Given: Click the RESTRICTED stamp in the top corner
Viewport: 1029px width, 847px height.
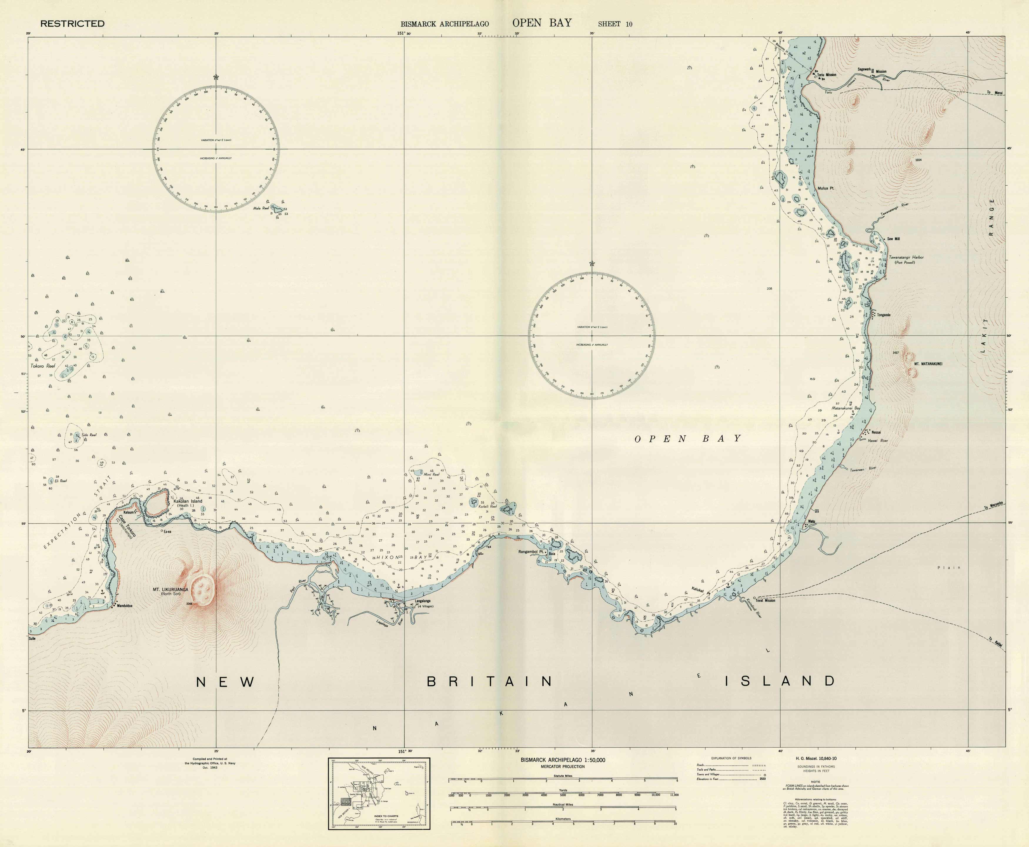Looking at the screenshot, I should pyautogui.click(x=72, y=24).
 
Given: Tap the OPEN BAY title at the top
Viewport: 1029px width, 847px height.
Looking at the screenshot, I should pyautogui.click(x=542, y=23).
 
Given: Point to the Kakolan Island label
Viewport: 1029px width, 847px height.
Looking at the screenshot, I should pyautogui.click(x=188, y=501).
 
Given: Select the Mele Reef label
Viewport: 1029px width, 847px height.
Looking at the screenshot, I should pyautogui.click(x=261, y=208).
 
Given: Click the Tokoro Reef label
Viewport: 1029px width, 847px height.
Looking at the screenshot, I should pyautogui.click(x=43, y=366).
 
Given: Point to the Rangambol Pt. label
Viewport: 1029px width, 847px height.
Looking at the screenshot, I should pyautogui.click(x=531, y=552).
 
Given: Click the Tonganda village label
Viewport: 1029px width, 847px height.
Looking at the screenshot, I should pyautogui.click(x=884, y=315).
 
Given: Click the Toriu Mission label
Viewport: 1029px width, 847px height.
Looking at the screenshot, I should pyautogui.click(x=827, y=75).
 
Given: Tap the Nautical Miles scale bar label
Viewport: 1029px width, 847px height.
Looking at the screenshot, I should pyautogui.click(x=563, y=805).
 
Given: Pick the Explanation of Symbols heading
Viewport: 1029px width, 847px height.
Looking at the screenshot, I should pyautogui.click(x=731, y=758).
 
